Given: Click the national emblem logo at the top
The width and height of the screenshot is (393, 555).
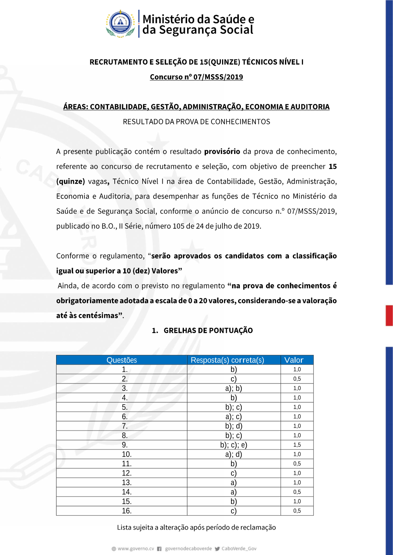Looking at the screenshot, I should pyautogui.click(x=120, y=24).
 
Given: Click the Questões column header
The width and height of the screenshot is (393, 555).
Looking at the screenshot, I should pyautogui.click(x=122, y=360).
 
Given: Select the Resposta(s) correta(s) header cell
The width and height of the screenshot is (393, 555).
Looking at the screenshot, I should pyautogui.click(x=227, y=360).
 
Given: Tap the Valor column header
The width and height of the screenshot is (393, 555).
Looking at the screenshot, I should pyautogui.click(x=294, y=360).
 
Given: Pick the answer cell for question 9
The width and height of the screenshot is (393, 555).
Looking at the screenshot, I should pyautogui.click(x=233, y=445).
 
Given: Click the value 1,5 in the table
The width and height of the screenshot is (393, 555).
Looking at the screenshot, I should pyautogui.click(x=297, y=445).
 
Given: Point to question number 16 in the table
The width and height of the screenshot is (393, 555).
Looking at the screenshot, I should pyautogui.click(x=127, y=511).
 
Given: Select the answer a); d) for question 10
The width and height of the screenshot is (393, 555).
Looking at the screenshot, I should pyautogui.click(x=233, y=454).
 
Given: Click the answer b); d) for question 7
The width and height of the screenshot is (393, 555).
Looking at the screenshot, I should pyautogui.click(x=233, y=426).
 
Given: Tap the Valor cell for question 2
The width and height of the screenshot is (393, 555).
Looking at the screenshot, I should pyautogui.click(x=297, y=379).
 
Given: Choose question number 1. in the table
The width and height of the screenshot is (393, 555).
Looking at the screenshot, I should pyautogui.click(x=125, y=369).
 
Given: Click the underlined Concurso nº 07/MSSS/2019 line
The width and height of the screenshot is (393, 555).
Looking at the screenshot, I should pyautogui.click(x=196, y=77).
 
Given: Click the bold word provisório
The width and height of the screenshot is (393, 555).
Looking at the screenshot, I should pyautogui.click(x=222, y=152).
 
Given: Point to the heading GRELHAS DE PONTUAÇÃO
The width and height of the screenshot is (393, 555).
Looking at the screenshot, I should pyautogui.click(x=208, y=330).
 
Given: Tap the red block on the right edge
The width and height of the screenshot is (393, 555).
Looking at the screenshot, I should pyautogui.click(x=389, y=315).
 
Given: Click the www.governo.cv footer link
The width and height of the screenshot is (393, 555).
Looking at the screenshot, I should pyautogui.click(x=136, y=549).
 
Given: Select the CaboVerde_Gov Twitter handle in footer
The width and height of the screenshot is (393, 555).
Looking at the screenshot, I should pyautogui.click(x=239, y=549).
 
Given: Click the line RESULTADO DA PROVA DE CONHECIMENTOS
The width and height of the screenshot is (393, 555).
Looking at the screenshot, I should pyautogui.click(x=196, y=122).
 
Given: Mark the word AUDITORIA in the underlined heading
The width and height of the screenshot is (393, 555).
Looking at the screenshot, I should pyautogui.click(x=310, y=107).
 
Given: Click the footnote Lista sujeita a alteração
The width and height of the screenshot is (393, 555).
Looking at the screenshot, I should pyautogui.click(x=196, y=528).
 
